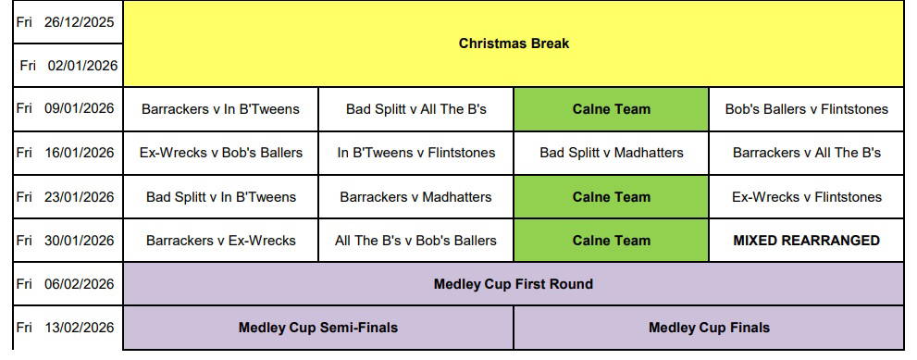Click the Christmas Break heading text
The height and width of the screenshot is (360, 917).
pyautogui.click(x=514, y=43)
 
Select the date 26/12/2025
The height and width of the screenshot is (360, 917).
pyautogui.click(x=79, y=22)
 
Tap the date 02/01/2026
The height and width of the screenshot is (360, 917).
pyautogui.click(x=82, y=66)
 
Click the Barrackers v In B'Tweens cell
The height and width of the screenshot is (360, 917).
pyautogui.click(x=220, y=109)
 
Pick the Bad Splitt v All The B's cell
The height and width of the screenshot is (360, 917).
pyautogui.click(x=415, y=109)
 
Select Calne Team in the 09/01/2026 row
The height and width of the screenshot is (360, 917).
pyautogui.click(x=611, y=109)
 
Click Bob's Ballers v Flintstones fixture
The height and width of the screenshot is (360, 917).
pyautogui.click(x=807, y=109)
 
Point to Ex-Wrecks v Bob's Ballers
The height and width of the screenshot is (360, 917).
pyautogui.click(x=221, y=153)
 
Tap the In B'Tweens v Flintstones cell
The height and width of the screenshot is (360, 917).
pyautogui.click(x=415, y=153)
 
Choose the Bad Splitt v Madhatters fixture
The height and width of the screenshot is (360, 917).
pyautogui.click(x=611, y=153)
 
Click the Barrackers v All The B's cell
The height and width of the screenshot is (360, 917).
pyautogui.click(x=807, y=153)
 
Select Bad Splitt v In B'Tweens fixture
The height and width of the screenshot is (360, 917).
pyautogui.click(x=221, y=197)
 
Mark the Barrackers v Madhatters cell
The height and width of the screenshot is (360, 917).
pyautogui.click(x=415, y=197)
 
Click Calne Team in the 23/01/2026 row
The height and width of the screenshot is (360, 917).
pyautogui.click(x=611, y=197)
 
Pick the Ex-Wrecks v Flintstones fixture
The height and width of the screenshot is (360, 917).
pyautogui.click(x=807, y=197)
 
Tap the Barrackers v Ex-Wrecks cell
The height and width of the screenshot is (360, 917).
pyautogui.click(x=221, y=241)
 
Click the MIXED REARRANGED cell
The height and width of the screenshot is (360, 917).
pyautogui.click(x=807, y=241)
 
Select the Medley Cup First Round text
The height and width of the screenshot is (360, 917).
pyautogui.click(x=514, y=284)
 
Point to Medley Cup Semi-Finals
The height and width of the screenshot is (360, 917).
pyautogui.click(x=318, y=328)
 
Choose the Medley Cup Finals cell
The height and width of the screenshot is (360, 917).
pyautogui.click(x=709, y=328)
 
